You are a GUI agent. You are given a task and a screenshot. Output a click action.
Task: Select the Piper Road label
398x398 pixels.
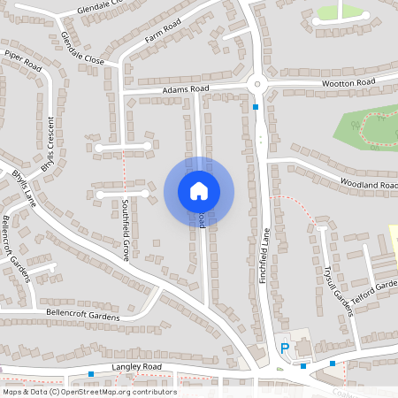tap(23, 60)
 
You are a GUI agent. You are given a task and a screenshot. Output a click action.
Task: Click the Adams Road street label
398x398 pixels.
tap(185, 89)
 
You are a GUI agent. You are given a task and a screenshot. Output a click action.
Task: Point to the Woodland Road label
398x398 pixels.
tap(368, 184)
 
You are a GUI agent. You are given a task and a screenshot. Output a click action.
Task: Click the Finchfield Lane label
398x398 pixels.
tap(264, 251)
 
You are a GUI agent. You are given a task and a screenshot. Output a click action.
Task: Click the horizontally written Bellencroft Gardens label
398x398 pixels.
tap(84, 315)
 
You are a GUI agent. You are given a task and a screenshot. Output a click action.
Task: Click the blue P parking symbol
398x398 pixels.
tap(285, 348)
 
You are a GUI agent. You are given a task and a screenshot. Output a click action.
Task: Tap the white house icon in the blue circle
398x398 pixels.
tap(199, 191)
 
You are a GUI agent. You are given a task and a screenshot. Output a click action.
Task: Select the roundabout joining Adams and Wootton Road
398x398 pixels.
tap(256, 85)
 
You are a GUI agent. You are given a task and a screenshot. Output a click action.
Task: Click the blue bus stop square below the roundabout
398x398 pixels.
tap(255, 107)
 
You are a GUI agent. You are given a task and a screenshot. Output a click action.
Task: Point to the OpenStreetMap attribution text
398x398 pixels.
tap(88, 391)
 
